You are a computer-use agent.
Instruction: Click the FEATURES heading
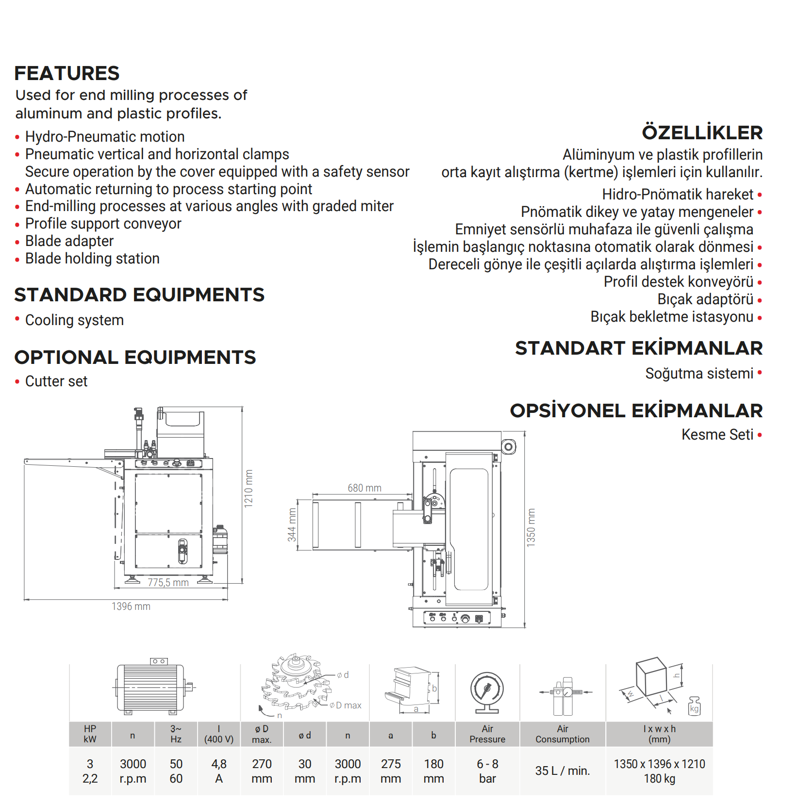(x=67, y=73)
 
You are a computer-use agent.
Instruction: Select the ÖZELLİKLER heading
(x=702, y=132)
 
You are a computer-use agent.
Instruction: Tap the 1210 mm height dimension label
(x=249, y=489)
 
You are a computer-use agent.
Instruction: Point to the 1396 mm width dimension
(x=131, y=606)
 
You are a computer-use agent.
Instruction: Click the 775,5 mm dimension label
(x=168, y=582)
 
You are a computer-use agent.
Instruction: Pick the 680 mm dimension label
(x=365, y=488)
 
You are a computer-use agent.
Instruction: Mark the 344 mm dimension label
(x=292, y=525)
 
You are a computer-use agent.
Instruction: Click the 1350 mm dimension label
(x=531, y=528)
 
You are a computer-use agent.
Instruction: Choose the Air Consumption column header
(x=563, y=734)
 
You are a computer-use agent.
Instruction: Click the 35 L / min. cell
(x=563, y=770)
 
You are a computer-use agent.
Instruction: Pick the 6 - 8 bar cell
(x=487, y=771)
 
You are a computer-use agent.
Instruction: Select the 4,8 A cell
(x=219, y=771)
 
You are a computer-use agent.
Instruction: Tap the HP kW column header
(x=90, y=734)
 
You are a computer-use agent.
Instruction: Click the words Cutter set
(x=56, y=381)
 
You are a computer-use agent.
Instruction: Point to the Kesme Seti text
(x=717, y=434)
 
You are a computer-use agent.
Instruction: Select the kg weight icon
(x=694, y=706)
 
